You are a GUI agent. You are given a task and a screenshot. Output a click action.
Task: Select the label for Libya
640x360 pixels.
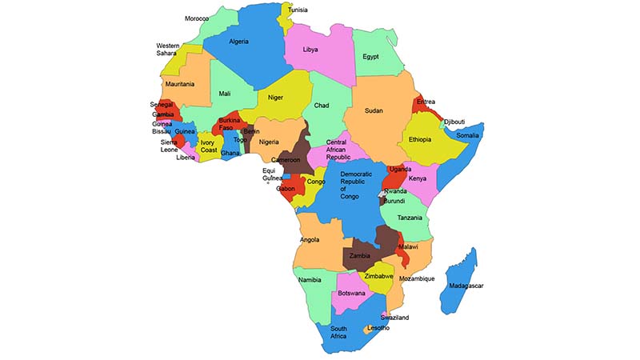(310, 50)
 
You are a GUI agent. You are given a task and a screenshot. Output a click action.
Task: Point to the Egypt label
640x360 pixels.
(370, 57)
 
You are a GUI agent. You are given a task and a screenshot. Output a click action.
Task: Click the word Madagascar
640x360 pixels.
(466, 286)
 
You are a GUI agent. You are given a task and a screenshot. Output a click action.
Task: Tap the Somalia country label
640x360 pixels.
(467, 136)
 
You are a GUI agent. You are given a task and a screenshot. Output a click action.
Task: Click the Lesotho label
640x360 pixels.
(378, 328)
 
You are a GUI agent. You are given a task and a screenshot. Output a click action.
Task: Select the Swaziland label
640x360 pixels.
(394, 318)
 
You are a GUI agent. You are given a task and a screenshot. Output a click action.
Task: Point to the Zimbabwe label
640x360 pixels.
(378, 276)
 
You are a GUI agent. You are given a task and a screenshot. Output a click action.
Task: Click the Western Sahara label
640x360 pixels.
(168, 50)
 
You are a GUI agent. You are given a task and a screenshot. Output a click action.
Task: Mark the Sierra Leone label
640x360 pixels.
(169, 146)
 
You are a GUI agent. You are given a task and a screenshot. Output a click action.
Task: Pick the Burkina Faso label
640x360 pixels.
(230, 124)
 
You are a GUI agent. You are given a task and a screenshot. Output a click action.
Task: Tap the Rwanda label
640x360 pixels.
(395, 191)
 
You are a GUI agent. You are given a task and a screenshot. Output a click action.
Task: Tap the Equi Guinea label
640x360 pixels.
(272, 174)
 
